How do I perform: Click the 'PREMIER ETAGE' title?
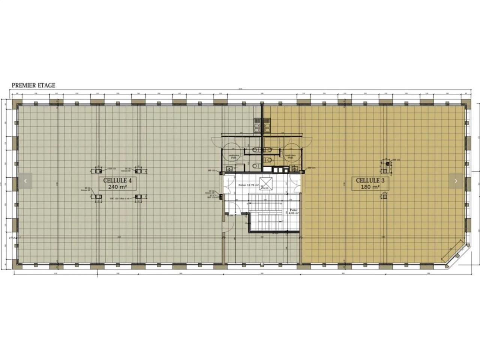[33, 85]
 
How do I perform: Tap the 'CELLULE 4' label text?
[117, 180]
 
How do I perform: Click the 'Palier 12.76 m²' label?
[248, 185]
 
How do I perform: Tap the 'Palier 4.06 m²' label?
[294, 211]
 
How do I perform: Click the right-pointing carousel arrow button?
[456, 181]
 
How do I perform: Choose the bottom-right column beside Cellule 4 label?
[138, 196]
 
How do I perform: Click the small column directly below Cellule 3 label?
[384, 195]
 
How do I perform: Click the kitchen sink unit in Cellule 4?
[257, 125]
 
